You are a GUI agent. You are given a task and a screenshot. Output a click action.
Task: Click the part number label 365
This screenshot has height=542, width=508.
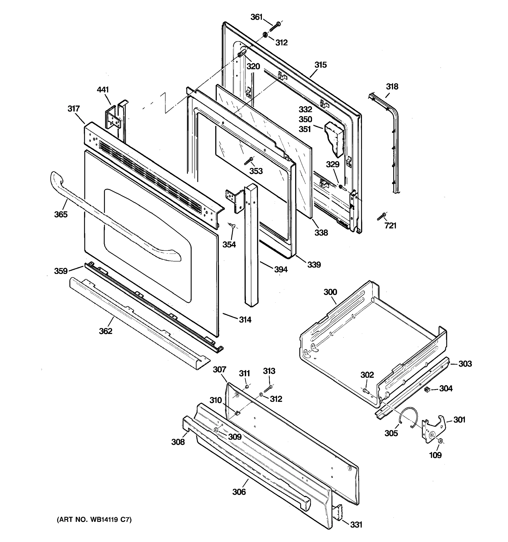coord(61,215)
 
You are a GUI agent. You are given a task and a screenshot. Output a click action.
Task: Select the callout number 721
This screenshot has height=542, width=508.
coord(390,226)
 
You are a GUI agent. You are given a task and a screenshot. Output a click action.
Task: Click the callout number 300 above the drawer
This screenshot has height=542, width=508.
coord(330,292)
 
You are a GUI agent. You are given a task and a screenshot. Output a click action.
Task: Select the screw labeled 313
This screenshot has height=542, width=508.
coord(268,389)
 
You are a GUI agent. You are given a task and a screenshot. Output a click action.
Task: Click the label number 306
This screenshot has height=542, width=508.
coord(239,492)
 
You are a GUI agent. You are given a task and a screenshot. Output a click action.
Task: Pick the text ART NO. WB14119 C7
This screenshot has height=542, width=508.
coord(94,520)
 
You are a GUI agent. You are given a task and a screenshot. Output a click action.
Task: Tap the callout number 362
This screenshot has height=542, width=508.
coord(105,331)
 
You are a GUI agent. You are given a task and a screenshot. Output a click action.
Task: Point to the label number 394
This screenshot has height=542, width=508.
coord(281,270)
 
